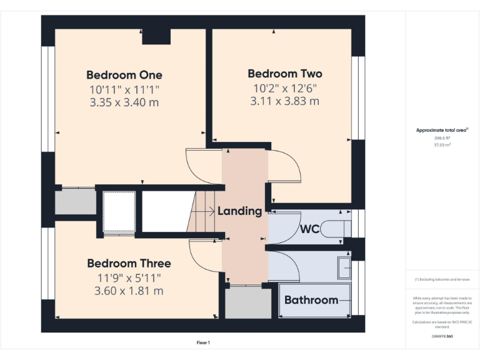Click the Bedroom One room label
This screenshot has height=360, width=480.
[124, 75]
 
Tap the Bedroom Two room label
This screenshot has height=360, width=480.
[285, 74]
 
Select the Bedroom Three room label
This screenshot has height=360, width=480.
[129, 263]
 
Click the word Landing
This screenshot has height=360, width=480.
[239, 211]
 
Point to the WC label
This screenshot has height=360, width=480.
[310, 229]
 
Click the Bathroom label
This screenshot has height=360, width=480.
[311, 300]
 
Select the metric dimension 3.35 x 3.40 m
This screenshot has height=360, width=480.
[124, 102]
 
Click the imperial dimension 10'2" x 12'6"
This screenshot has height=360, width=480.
[285, 87]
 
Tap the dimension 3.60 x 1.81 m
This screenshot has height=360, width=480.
[129, 291]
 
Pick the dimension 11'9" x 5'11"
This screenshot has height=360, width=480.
[129, 277]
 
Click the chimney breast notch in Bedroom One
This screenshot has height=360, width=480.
[156, 36]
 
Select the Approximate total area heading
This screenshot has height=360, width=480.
[442, 130]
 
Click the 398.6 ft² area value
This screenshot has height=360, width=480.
[442, 137]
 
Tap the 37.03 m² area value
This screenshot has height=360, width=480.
[442, 144]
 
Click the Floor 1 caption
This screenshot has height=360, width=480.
[203, 342]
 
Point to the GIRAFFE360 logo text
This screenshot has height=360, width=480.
[442, 336]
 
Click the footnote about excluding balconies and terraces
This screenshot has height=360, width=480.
[442, 279]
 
